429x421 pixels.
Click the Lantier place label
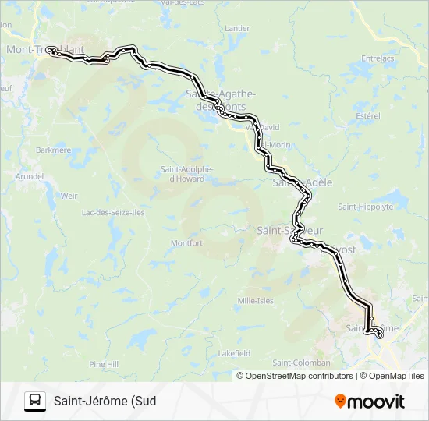pos(236,29)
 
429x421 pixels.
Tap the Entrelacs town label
pos(378,58)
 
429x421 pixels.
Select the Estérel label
pos(367,116)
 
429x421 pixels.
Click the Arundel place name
pos(30,177)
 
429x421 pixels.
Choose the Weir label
pos(69,196)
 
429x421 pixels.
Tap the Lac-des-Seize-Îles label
pos(113,212)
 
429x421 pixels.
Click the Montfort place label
pos(186,243)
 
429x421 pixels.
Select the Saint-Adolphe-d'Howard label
pos(182,174)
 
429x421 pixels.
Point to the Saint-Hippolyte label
pos(363,207)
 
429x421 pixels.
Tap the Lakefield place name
pos(234,353)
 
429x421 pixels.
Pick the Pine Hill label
pos(104,364)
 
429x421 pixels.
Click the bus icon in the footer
pos(35,402)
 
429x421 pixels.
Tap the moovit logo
pos(370,402)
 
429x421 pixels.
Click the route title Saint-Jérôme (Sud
pos(105,402)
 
